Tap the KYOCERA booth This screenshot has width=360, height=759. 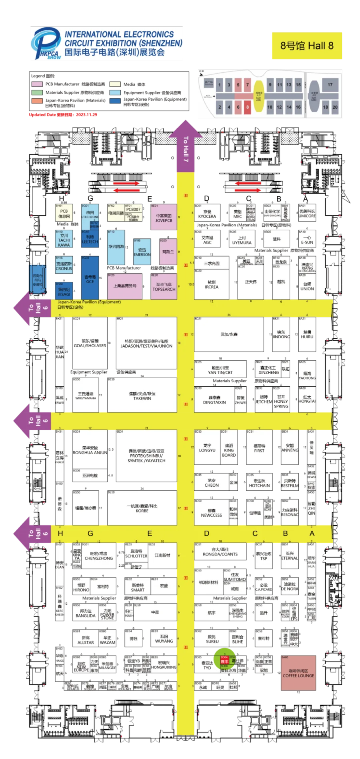pos(207,214)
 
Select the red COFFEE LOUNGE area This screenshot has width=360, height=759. pos(298,673)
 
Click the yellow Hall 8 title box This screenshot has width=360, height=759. pos(306,46)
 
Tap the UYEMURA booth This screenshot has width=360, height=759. pos(242,240)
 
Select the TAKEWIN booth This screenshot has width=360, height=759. pos(142,396)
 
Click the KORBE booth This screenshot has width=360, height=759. pos(142,508)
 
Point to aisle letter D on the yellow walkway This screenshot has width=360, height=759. pos(206,533)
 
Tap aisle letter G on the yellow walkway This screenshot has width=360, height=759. pos(90,533)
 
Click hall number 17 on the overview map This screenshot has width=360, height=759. pos(330,85)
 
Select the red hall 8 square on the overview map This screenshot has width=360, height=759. pos(248,107)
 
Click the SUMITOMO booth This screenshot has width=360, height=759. pos(235,577)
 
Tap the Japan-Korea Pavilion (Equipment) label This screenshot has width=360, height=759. pos(89,302)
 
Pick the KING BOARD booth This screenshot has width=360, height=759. pos(229,450)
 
